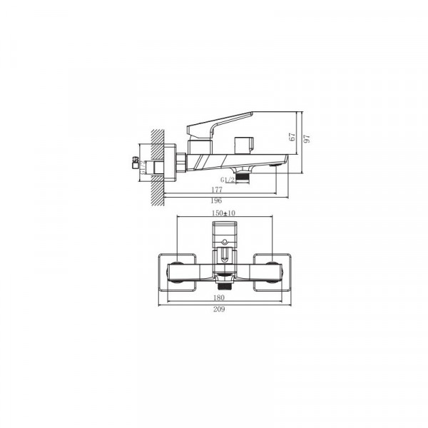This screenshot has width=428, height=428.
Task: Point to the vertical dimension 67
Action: point(292,138)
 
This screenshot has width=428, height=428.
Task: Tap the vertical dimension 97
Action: point(308,140)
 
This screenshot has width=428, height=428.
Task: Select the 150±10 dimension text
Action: point(223,213)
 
